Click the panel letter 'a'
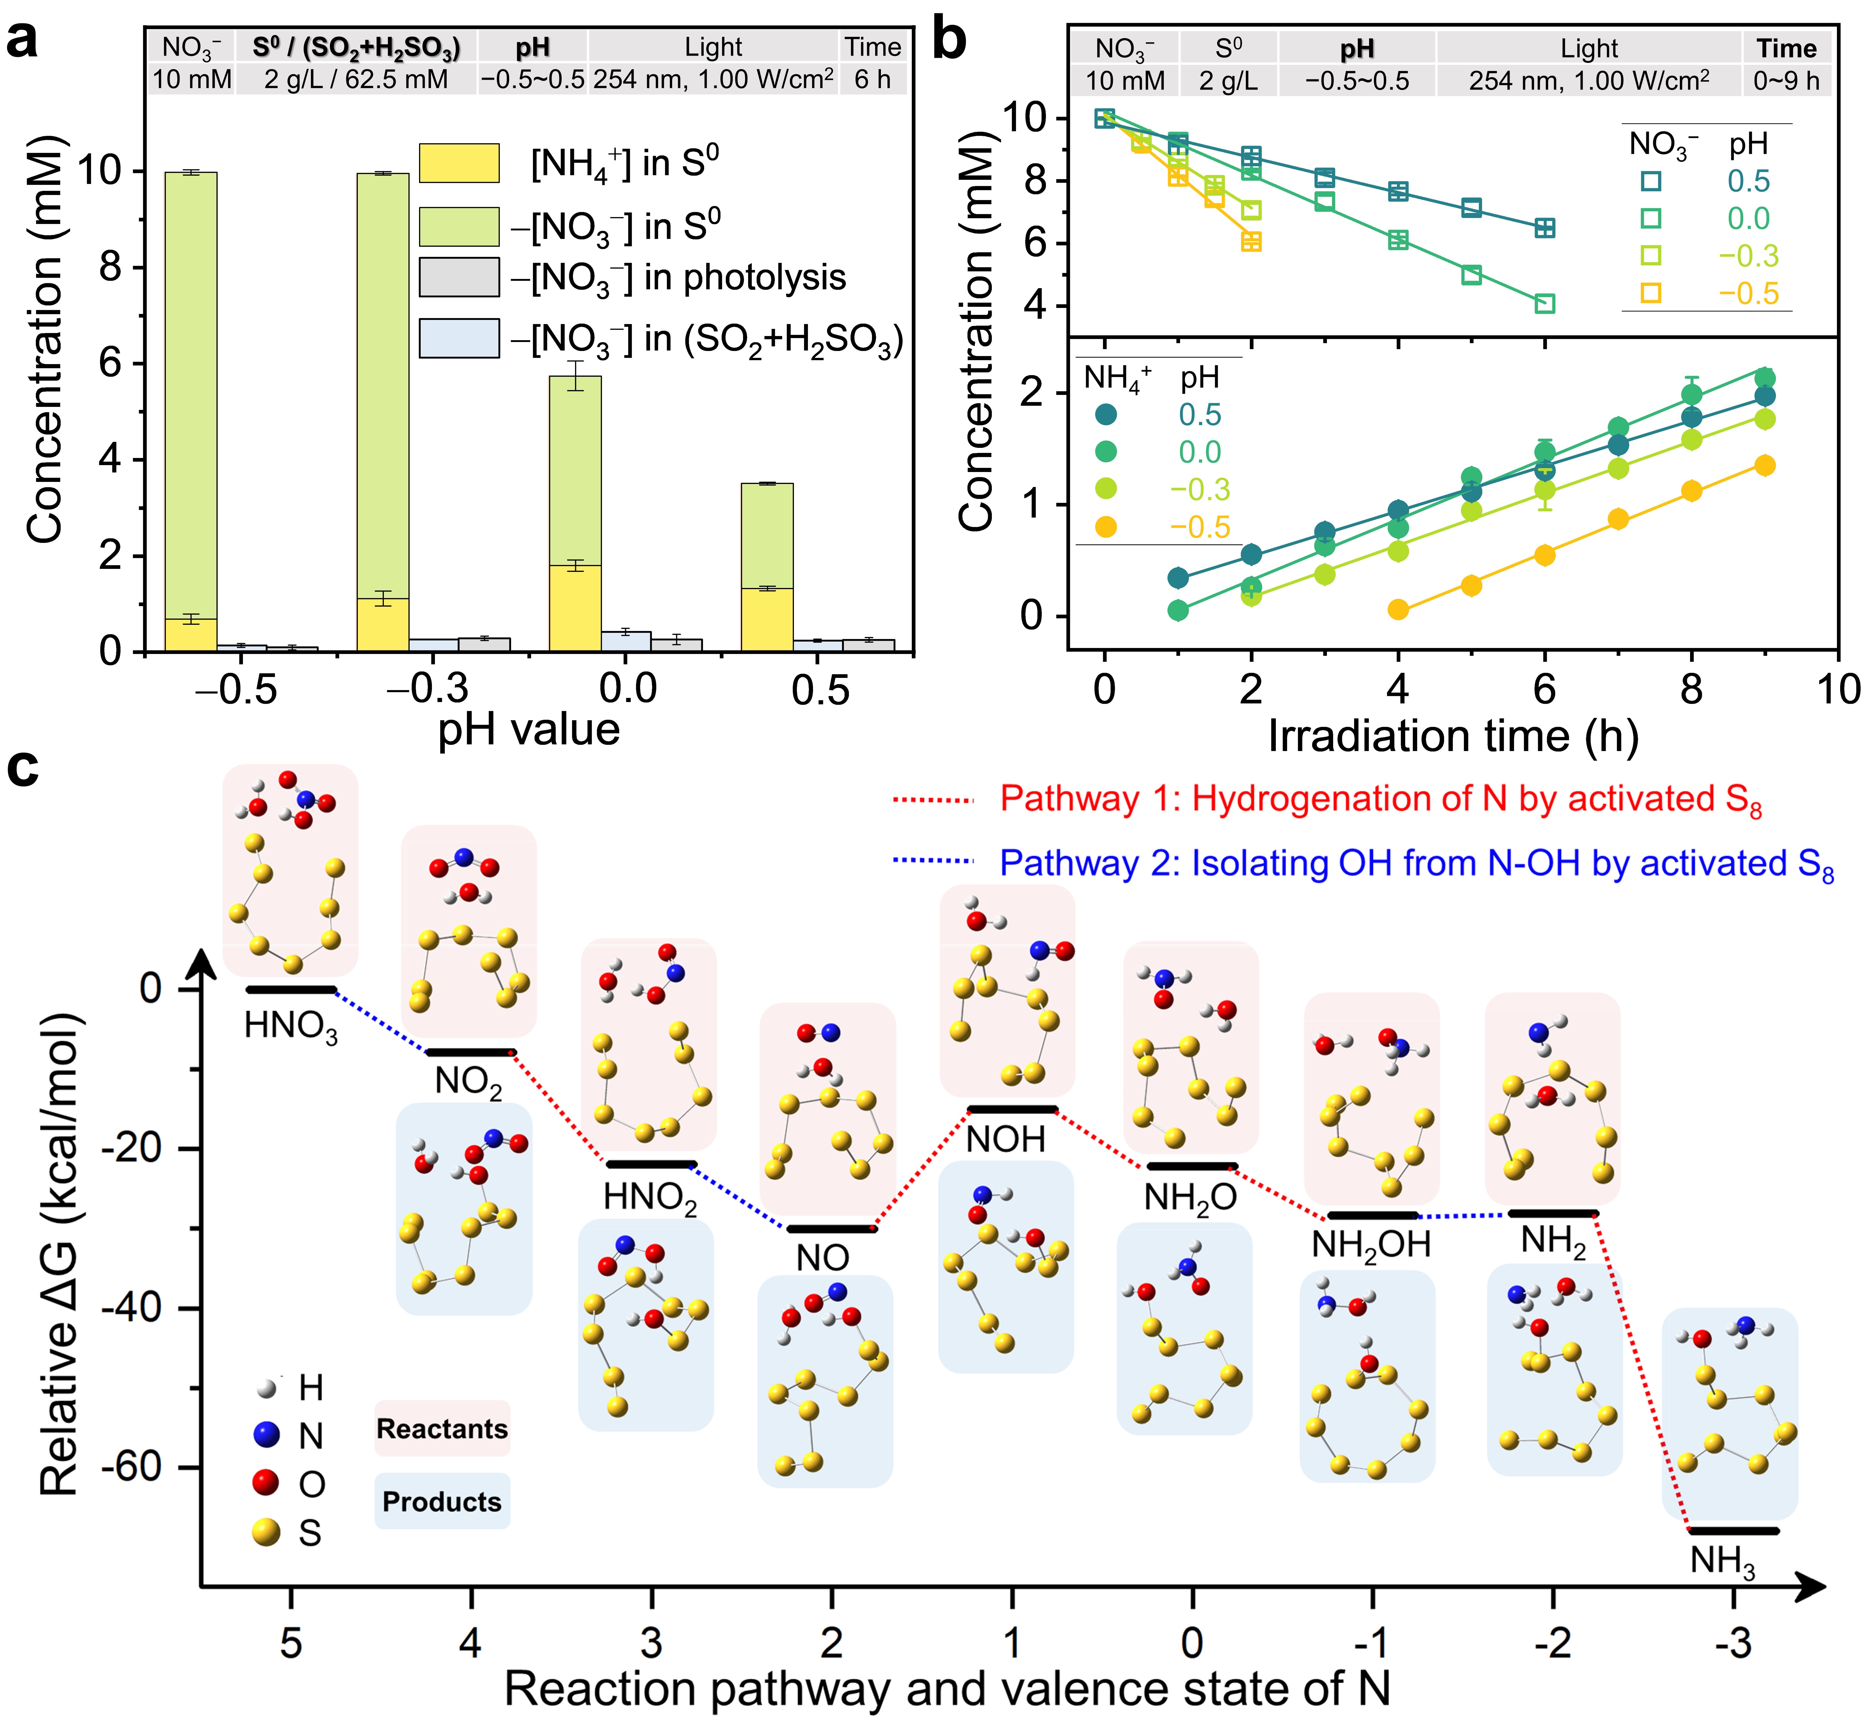(22, 42)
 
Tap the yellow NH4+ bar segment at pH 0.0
(575, 608)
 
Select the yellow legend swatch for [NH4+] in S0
(459, 162)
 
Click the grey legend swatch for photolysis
(459, 277)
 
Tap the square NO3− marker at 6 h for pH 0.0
(1545, 304)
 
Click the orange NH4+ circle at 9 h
(1764, 465)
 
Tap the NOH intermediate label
(1005, 1139)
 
